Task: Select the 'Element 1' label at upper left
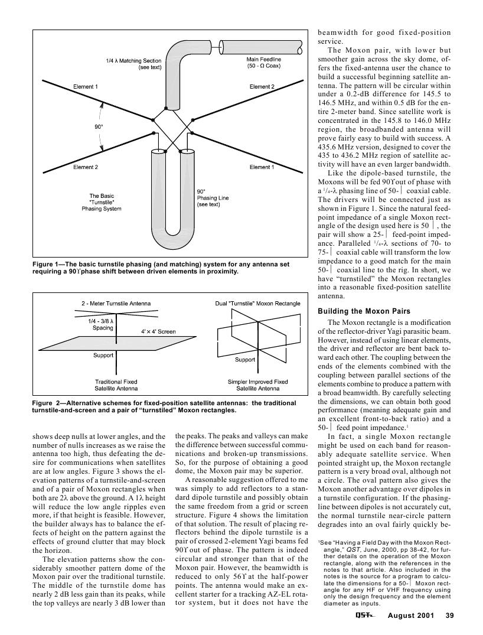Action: point(85,87)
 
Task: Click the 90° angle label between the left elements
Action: point(99,126)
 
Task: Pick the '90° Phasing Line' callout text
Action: point(208,198)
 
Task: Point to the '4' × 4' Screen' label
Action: point(158,331)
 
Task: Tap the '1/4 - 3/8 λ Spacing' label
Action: point(102,324)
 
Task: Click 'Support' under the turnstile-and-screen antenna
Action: point(103,356)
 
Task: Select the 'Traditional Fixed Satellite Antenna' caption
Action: point(116,385)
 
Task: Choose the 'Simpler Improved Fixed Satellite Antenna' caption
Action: point(257,385)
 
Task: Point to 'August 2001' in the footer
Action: point(410,616)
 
